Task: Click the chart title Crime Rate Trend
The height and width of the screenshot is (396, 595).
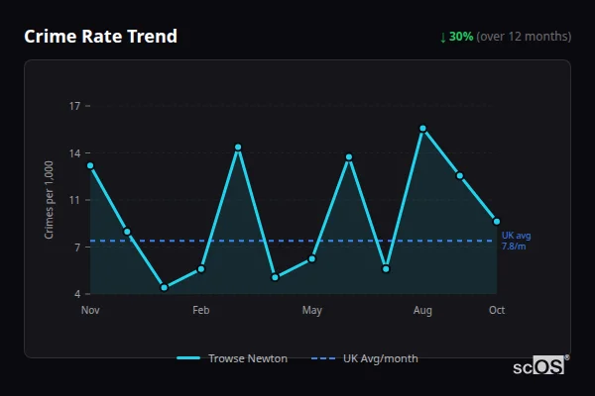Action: point(100,37)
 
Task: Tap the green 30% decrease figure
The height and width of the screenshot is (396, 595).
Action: point(461,37)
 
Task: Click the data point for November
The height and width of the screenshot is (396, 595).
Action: point(90,165)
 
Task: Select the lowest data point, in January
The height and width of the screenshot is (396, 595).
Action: point(164,287)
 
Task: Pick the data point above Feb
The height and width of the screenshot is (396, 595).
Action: point(201,268)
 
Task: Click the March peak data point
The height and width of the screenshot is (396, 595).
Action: point(238,148)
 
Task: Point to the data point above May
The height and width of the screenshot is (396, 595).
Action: point(312,259)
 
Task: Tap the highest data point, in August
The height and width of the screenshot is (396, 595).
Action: point(422,128)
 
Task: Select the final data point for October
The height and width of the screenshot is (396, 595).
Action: point(497,221)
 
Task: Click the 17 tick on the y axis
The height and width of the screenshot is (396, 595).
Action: point(75,106)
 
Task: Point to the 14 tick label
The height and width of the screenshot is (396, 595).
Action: point(75,152)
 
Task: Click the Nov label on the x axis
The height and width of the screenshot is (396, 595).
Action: point(90,311)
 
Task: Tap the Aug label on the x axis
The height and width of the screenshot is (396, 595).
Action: point(422,311)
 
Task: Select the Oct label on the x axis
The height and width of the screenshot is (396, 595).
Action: point(497,311)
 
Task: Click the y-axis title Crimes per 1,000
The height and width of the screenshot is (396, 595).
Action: point(50,200)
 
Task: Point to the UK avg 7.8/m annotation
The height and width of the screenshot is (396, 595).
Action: point(516,241)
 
